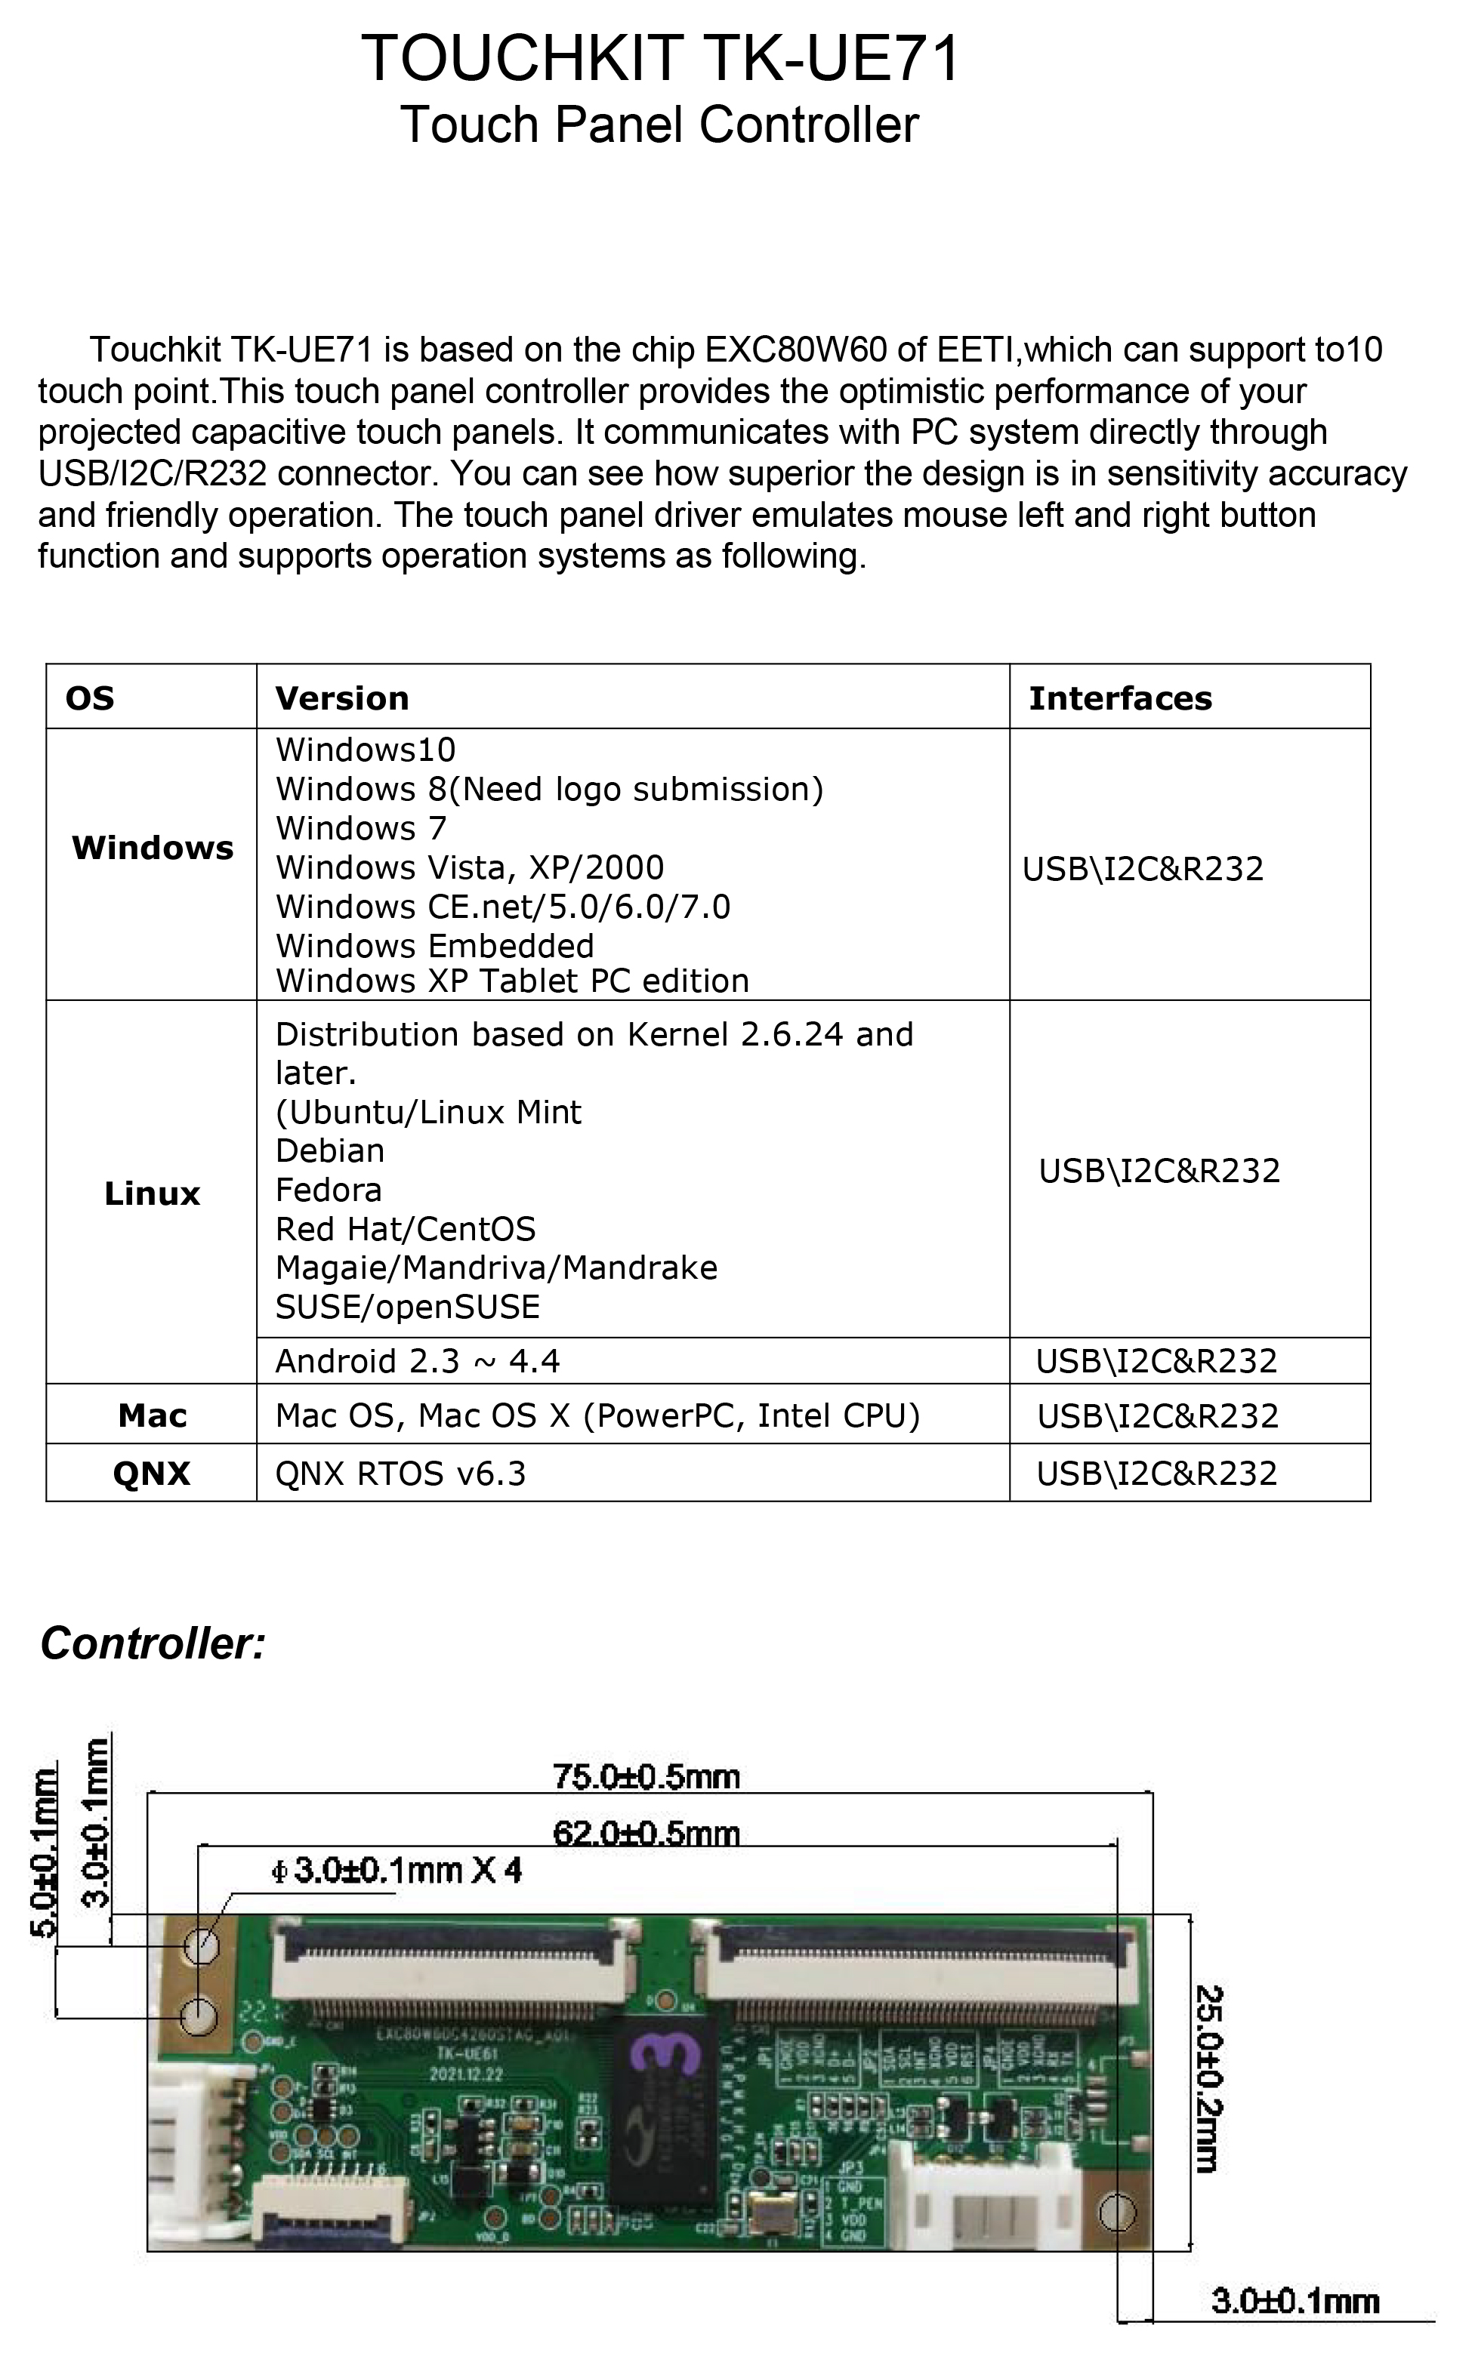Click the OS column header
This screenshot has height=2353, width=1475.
[x=90, y=698]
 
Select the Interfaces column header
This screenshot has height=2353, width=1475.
[x=1120, y=698]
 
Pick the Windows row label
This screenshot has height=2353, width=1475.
[x=153, y=848]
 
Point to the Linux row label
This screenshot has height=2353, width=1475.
[x=153, y=1193]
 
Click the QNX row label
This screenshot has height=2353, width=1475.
[x=153, y=1474]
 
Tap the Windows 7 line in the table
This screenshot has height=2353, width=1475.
[x=361, y=829]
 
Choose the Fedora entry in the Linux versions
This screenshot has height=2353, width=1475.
[x=329, y=1190]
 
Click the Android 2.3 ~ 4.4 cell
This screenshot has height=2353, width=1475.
[x=418, y=1361]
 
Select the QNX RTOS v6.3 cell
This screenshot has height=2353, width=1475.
[x=400, y=1474]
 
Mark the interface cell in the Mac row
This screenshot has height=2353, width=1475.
[x=1157, y=1416]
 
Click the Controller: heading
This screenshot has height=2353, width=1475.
[x=153, y=1644]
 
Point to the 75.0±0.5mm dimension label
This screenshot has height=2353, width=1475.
[x=646, y=1777]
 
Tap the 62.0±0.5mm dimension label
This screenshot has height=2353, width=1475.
[x=646, y=1833]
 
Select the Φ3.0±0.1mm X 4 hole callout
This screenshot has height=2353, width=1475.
[x=396, y=1871]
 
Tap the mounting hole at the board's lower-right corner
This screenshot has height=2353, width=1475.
[x=1118, y=2213]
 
